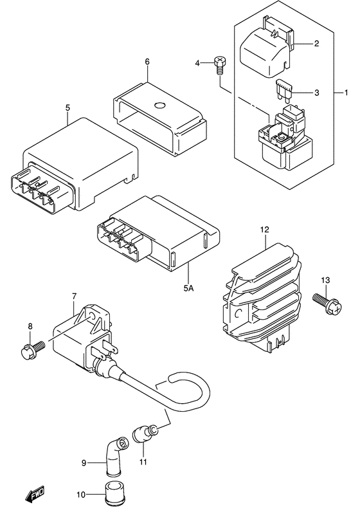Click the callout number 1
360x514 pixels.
click(x=339, y=93)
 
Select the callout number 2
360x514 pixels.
click(x=316, y=44)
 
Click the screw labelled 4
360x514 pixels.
click(x=219, y=63)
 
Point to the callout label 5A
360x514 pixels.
click(x=188, y=289)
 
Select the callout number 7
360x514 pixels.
click(x=74, y=297)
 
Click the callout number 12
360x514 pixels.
click(x=264, y=228)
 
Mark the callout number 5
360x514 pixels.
click(x=67, y=108)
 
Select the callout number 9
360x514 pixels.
click(x=84, y=461)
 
